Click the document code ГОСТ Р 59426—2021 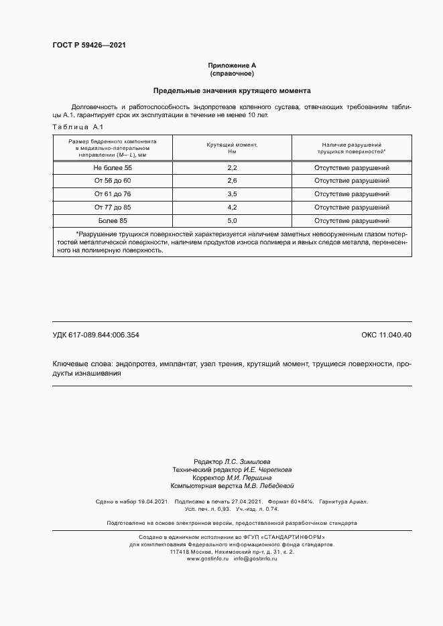coord(88,45)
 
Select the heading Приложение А coord(232,65)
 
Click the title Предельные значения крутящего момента coord(232,90)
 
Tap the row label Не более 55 coord(113,167)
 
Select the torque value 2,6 coord(233,181)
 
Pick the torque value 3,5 coord(233,194)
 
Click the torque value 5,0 coord(233,220)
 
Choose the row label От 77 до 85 coord(113,208)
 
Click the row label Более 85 coord(113,220)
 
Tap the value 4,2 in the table coord(233,208)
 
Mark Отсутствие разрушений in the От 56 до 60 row coord(352,181)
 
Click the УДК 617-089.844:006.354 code coord(96,335)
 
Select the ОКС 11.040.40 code coord(386,335)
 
